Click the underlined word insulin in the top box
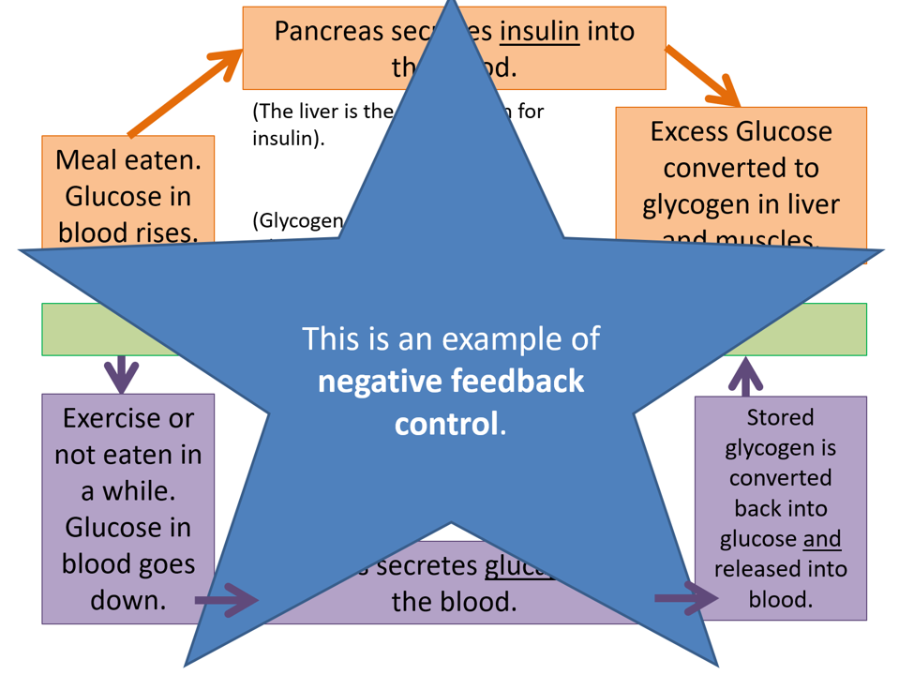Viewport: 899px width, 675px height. (539, 32)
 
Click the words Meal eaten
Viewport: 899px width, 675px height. (128, 159)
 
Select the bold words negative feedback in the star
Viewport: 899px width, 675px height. (451, 382)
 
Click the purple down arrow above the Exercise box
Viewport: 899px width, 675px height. (121, 374)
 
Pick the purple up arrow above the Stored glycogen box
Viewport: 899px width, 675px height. (745, 378)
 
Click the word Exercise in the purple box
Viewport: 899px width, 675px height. (127, 418)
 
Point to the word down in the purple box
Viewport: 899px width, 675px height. (127, 600)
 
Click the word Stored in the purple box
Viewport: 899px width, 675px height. (780, 417)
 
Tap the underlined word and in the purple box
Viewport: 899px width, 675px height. (822, 539)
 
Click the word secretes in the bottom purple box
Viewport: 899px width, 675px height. (427, 567)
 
